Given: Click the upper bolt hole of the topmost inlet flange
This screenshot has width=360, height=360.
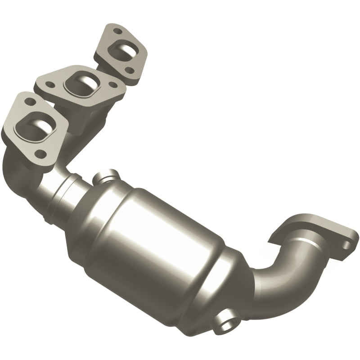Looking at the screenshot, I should (x=118, y=32).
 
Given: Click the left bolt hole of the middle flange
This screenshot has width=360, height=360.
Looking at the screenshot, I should (x=50, y=84).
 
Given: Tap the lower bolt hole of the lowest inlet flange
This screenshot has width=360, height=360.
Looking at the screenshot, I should (x=43, y=153).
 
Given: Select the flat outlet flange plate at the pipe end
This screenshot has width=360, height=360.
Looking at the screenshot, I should (x=315, y=229).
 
